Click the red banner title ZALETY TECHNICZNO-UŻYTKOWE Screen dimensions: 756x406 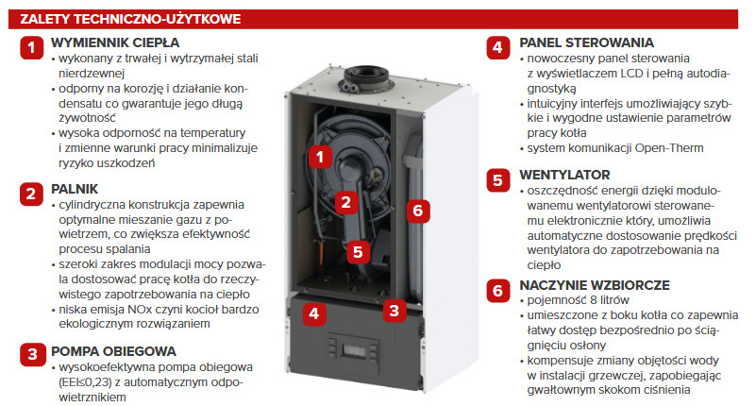130,19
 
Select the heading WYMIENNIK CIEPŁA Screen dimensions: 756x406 115,42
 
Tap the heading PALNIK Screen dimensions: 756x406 75,189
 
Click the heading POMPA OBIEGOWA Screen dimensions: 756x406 114,351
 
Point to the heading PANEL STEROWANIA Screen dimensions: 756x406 586,42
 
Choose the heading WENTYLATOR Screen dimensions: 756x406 564,175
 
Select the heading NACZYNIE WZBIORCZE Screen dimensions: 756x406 595,285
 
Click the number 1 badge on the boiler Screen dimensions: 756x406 320,156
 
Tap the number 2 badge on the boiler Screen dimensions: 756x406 345,202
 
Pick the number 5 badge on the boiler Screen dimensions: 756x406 358,252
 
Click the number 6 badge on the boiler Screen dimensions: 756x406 418,211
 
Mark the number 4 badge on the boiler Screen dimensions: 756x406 314,313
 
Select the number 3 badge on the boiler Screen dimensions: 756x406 395,311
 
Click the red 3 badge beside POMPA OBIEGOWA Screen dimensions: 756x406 32,354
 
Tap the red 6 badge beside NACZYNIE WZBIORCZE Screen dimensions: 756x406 497,290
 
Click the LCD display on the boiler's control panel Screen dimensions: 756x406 353,349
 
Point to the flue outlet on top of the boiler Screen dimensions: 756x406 366,78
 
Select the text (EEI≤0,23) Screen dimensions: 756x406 87,382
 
